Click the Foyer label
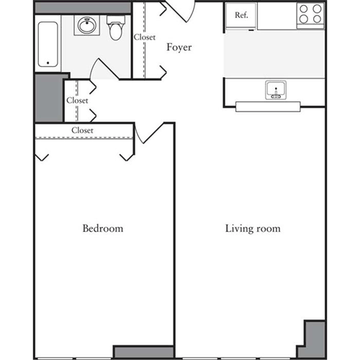[179, 48]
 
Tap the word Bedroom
[102, 228]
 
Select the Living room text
[252, 229]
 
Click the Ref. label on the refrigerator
[241, 15]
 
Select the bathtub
[50, 44]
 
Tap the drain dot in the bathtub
[50, 63]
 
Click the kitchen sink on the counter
[276, 91]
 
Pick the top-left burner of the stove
[305, 9]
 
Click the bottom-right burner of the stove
[317, 21]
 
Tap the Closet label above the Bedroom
[82, 130]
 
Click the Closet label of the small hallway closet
[77, 101]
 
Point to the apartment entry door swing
[180, 11]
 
